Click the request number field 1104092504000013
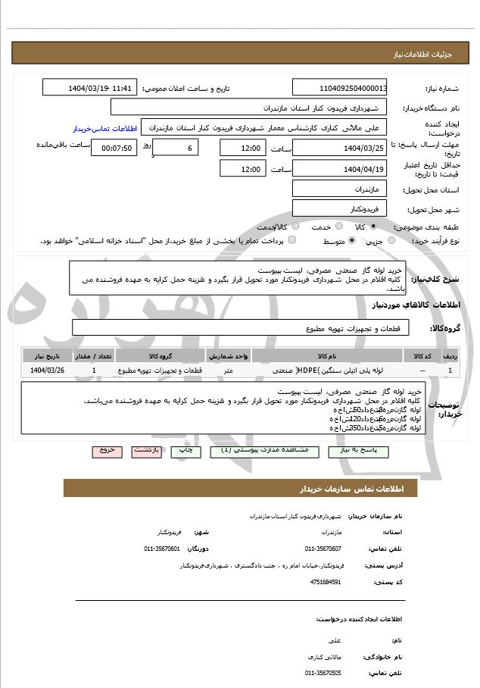click(340, 88)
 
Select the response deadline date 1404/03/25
click(340, 148)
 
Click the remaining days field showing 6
click(177, 149)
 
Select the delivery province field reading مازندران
click(340, 186)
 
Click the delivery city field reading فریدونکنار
click(340, 207)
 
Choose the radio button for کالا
click(373, 227)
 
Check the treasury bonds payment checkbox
click(292, 240)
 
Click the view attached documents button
click(263, 450)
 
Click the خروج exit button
click(107, 450)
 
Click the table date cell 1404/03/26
click(48, 370)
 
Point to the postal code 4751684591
click(326, 582)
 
